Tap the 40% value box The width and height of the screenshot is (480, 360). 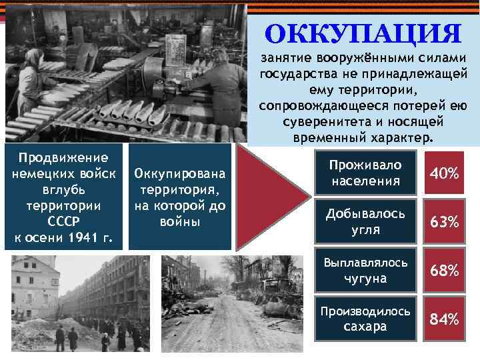pos(444,173)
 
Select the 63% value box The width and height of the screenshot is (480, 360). pos(444,222)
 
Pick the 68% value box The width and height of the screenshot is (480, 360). pos(444,271)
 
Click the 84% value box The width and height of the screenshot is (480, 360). pos(444,319)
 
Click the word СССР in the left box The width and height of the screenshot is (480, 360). pos(64,221)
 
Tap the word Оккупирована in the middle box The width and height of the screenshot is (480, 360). pos(180,174)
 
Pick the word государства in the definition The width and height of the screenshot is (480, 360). pos(297,74)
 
